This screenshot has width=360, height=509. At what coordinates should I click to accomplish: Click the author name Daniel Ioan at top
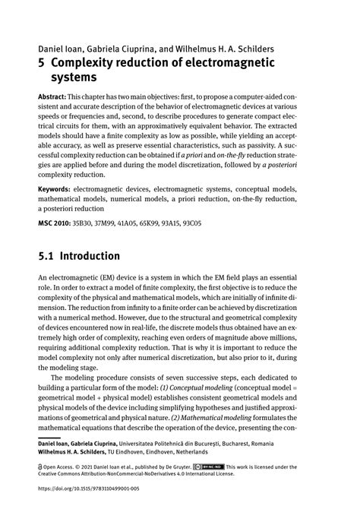click(58, 47)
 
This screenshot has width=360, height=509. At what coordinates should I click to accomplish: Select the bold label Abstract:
click(53, 100)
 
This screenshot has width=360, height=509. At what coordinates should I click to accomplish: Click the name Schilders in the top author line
click(248, 47)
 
